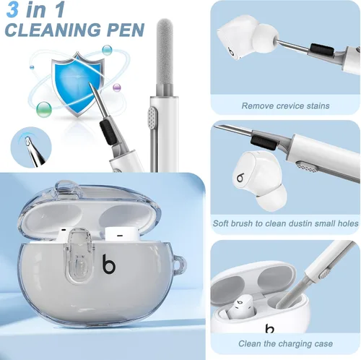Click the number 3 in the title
[12, 9]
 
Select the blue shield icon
[77, 85]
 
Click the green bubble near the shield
[44, 109]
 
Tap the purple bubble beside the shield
[117, 87]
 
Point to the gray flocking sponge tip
[165, 52]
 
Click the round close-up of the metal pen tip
[31, 147]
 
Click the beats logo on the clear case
[109, 265]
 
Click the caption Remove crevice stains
[285, 106]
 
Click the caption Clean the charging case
[285, 343]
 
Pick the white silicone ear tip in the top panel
[266, 38]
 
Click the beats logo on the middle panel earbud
[240, 178]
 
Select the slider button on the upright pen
[152, 119]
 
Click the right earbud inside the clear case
[122, 233]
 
